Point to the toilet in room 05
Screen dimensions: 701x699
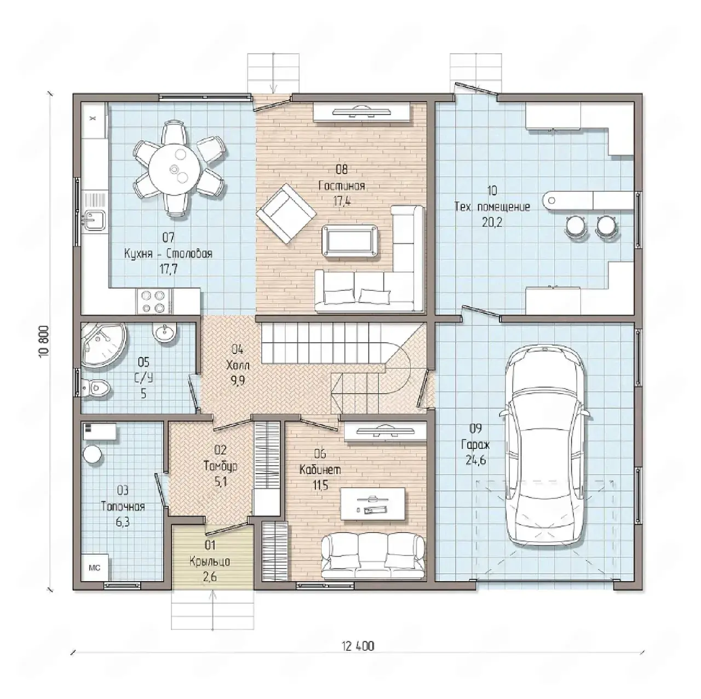(95, 387)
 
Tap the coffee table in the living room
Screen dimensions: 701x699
(349, 240)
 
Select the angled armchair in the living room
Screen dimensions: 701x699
(286, 214)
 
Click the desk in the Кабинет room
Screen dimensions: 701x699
(373, 505)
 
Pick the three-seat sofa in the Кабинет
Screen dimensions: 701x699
(374, 556)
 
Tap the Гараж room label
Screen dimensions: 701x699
(476, 445)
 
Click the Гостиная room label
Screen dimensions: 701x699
(342, 186)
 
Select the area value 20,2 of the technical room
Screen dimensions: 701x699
(492, 222)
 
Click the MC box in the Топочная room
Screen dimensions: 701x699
(94, 568)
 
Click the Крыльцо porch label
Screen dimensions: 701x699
(210, 562)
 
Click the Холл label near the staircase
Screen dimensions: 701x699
(237, 365)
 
